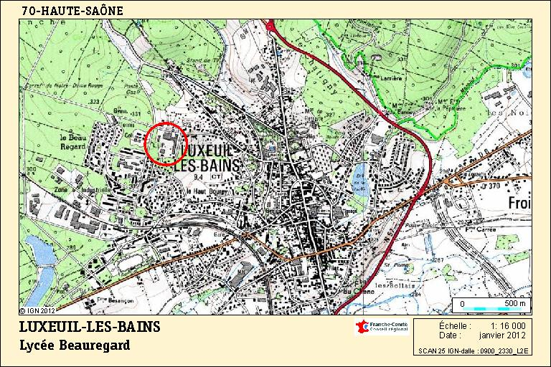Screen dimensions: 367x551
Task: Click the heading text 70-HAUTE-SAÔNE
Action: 72,11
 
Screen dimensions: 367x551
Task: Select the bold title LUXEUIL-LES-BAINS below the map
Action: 90,328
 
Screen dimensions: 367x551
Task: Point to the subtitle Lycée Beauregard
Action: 75,345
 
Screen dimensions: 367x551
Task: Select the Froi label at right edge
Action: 519,204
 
